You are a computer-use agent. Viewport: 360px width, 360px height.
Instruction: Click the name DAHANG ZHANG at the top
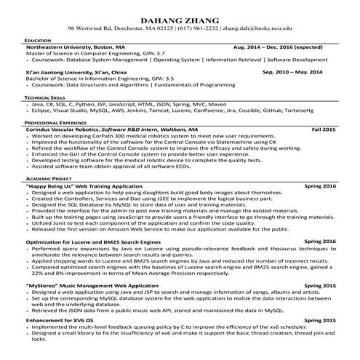[180, 17]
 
